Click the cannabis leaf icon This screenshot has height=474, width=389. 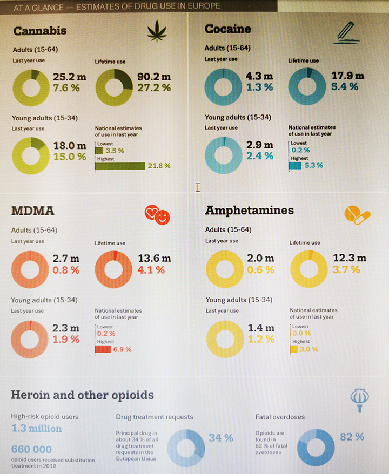click(x=157, y=32)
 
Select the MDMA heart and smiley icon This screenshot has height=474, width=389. click(x=157, y=214)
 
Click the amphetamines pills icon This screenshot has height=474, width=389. click(x=357, y=214)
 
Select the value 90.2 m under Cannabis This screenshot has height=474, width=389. click(x=152, y=77)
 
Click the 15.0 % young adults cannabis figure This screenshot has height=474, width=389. click(x=69, y=157)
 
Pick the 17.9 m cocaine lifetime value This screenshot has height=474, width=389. click(x=347, y=76)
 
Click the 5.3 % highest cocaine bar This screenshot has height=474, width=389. click(x=295, y=166)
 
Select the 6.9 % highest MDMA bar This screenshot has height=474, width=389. click(x=103, y=349)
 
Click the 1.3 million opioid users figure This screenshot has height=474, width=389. click(x=37, y=429)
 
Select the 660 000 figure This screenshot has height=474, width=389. click(x=31, y=449)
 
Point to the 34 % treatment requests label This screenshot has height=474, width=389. click(x=221, y=437)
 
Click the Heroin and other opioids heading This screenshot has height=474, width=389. click(x=82, y=395)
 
